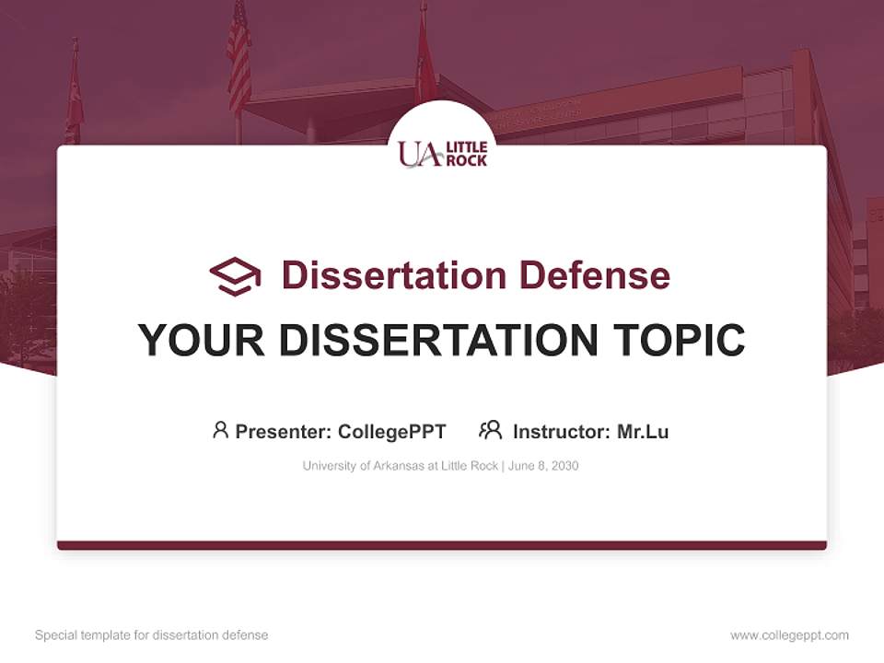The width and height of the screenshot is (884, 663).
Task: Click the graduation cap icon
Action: pos(235,275)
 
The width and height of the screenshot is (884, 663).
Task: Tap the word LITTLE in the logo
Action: pos(466,147)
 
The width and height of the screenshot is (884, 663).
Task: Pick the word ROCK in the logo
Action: pos(466,160)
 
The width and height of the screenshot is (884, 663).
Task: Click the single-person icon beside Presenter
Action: pos(220,430)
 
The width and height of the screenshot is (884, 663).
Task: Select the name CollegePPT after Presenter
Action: pos(391,431)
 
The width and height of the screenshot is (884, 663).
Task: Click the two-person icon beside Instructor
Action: pos(490,430)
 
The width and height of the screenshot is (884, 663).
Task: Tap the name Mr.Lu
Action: pos(643,431)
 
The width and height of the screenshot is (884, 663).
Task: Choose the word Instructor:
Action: pos(562,431)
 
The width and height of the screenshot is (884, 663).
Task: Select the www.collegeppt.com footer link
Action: pos(789,635)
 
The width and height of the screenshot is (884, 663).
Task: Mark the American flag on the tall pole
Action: pos(238,55)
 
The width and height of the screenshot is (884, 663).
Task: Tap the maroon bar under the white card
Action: pos(442,545)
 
